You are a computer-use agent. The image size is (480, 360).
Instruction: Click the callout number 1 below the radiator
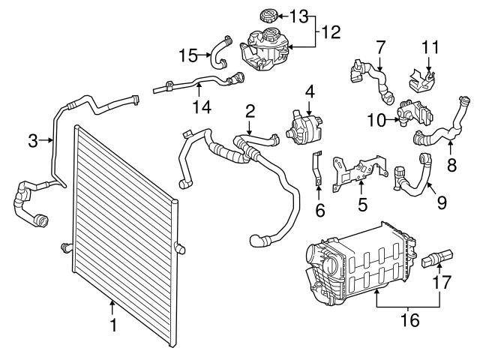coord(113,325)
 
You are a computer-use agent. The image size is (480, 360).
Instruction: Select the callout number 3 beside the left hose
coord(33,139)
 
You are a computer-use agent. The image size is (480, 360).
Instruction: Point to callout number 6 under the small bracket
coord(320,211)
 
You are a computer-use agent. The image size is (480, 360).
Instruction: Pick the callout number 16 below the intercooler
coord(409,321)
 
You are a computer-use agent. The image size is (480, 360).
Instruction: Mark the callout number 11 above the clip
coord(430,46)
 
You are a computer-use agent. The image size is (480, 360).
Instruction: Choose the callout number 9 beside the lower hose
coord(440,201)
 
